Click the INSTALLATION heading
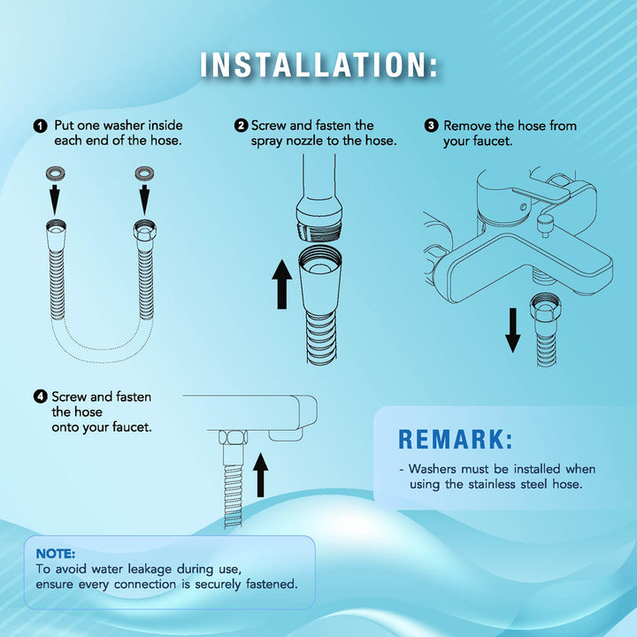tap(318, 65)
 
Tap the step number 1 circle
tap(40, 126)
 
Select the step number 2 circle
tap(241, 125)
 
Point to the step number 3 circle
tap(432, 125)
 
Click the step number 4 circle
tap(40, 396)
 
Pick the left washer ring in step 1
tap(55, 174)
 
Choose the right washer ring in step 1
tap(144, 173)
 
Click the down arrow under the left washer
tap(55, 199)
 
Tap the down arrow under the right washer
tap(144, 199)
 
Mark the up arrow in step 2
tap(282, 284)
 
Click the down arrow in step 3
tap(512, 330)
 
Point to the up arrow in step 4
tap(260, 475)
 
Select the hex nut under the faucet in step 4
tap(233, 438)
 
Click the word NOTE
tap(56, 554)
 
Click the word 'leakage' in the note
tap(150, 570)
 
